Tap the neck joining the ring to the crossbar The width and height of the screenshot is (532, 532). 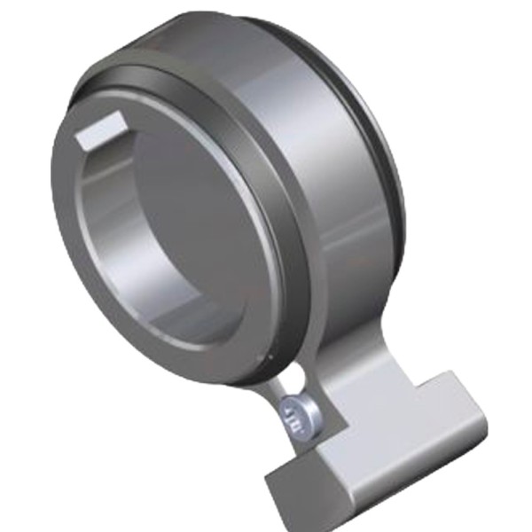[x=355, y=372]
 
